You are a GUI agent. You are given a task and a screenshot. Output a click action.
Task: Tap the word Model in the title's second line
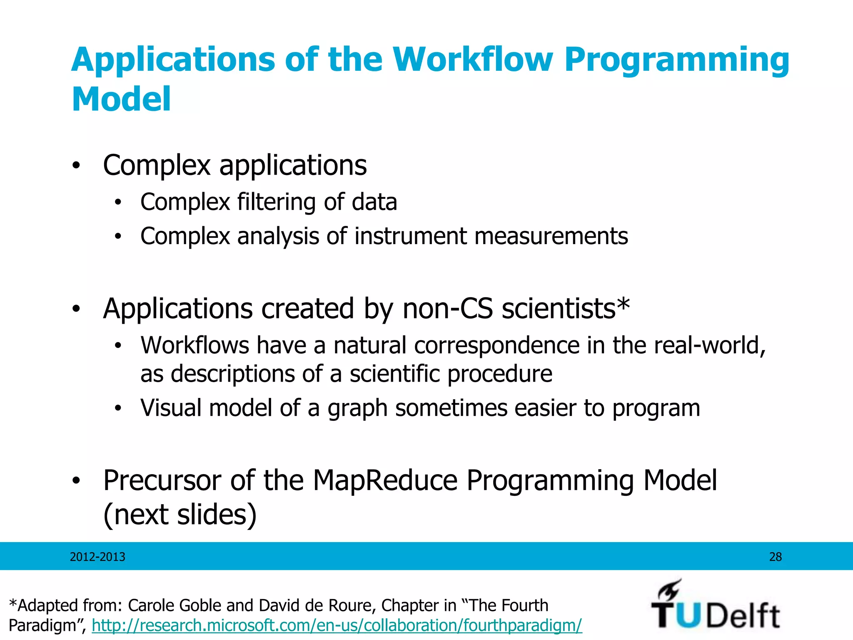click(x=121, y=99)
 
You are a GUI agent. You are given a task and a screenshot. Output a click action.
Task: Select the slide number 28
click(x=775, y=557)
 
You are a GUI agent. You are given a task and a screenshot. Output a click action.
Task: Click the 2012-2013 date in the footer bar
click(x=97, y=557)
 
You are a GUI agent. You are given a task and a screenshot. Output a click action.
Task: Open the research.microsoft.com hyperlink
click(x=337, y=625)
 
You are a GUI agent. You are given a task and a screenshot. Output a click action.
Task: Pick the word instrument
click(x=411, y=236)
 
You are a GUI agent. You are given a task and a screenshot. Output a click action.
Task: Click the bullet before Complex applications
click(x=75, y=166)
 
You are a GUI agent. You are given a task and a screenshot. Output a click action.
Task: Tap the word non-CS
click(x=448, y=309)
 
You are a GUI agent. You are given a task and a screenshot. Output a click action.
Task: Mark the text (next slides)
click(x=180, y=515)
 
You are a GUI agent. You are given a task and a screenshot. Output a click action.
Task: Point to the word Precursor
click(x=162, y=480)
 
